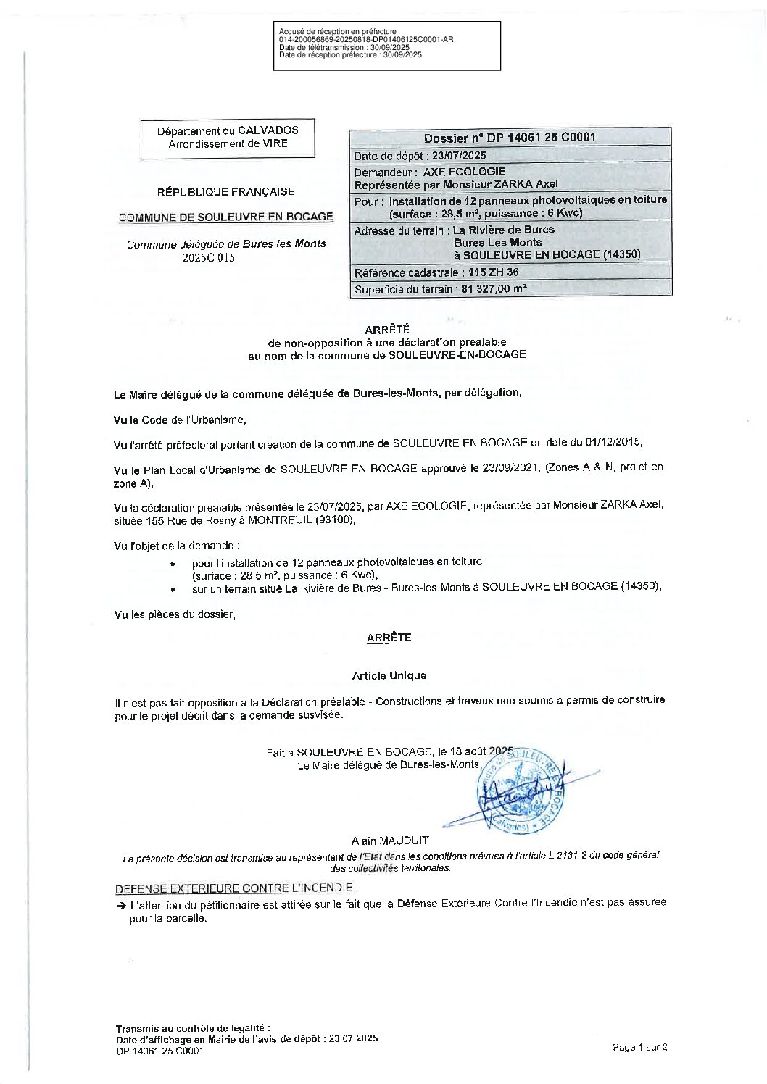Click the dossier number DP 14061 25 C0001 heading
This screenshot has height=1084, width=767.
(x=510, y=138)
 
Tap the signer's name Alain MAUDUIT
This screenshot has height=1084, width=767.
(x=390, y=841)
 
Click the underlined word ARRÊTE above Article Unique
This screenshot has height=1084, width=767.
(x=389, y=638)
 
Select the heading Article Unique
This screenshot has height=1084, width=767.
(x=389, y=675)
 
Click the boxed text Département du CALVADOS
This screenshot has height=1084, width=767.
(x=228, y=131)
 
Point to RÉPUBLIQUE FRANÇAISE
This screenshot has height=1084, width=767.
(x=226, y=192)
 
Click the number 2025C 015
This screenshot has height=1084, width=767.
(x=209, y=257)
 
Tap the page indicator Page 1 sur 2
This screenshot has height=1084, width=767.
(x=639, y=1046)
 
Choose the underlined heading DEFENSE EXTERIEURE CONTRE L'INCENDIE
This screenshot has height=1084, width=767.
(x=234, y=888)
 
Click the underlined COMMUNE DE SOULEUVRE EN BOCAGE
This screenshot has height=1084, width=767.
(x=226, y=217)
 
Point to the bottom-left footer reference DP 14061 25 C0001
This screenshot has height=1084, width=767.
(x=159, y=1051)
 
